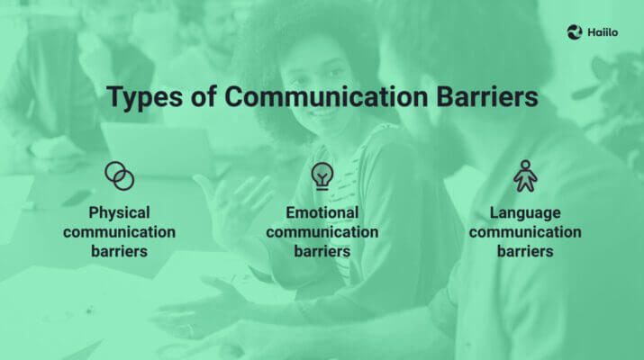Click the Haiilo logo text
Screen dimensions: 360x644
604,32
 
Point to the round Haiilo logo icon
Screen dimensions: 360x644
575,32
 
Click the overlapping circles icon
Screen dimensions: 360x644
119,175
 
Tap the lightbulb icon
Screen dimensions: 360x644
322,175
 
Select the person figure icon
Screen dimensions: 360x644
524,175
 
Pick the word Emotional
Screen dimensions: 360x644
322,212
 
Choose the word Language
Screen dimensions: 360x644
524,212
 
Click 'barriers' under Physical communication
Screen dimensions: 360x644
119,251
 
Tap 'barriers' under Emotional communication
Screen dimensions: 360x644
322,251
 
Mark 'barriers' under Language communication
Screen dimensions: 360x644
524,251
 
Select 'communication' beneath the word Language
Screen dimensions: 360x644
524,232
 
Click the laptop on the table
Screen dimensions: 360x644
153,148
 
